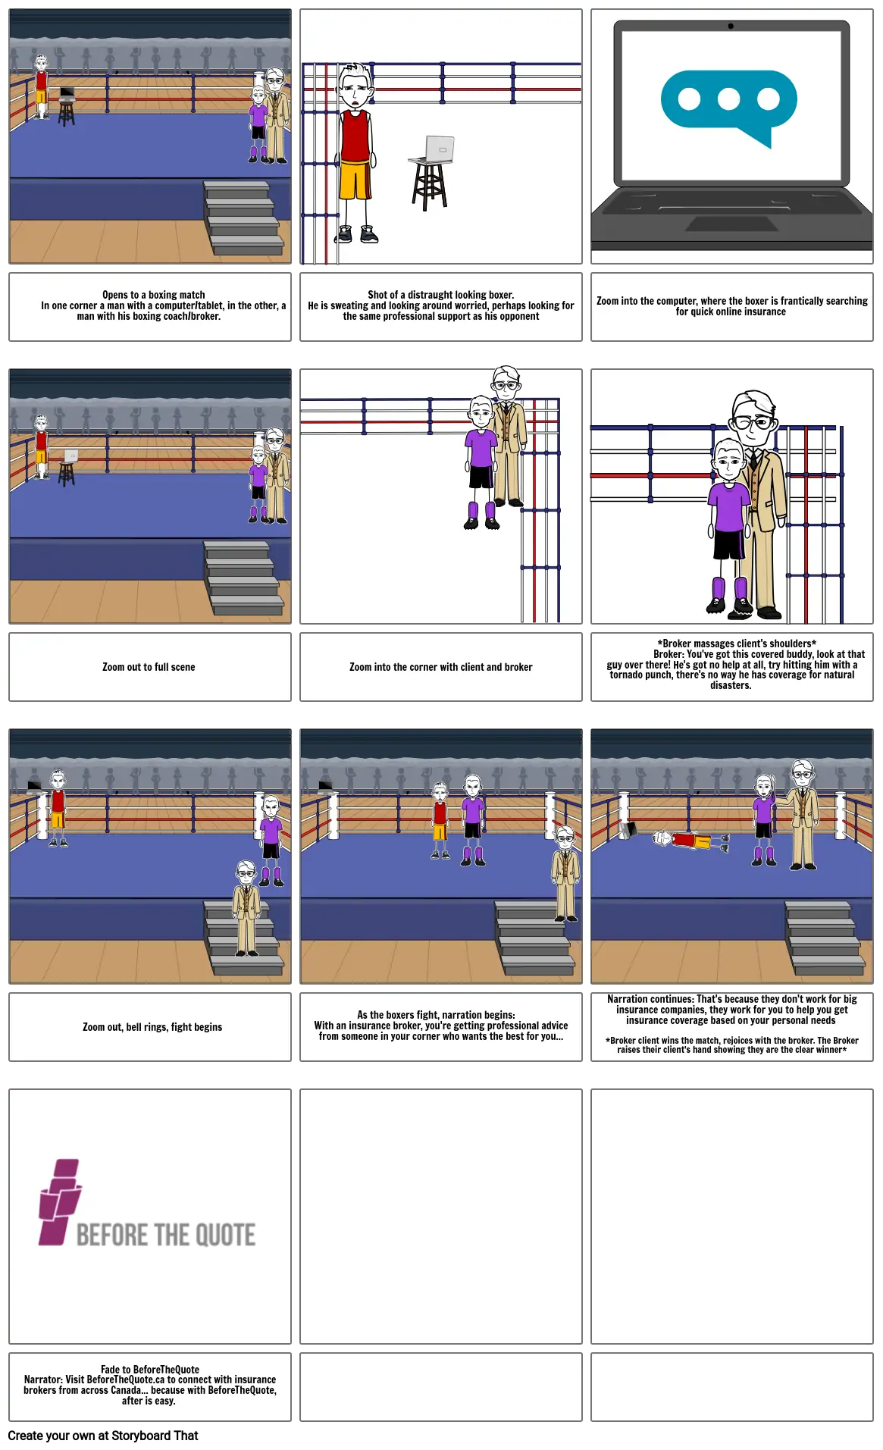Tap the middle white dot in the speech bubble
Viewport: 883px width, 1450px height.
coord(728,99)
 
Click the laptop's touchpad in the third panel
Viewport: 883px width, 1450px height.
coord(731,223)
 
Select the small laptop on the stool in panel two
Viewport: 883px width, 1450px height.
coord(437,149)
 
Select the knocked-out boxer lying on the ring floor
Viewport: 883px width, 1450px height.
coord(690,840)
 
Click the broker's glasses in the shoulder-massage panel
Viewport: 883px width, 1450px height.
coord(753,421)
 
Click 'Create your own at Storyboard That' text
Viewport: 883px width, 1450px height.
coord(103,1436)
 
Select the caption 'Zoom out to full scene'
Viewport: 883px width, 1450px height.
coord(149,667)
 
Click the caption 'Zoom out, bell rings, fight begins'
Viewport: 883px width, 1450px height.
coord(152,1027)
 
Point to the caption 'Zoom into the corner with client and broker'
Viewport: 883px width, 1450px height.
coord(440,667)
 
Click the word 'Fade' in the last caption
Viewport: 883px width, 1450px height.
coord(111,1370)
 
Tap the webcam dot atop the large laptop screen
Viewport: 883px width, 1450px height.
coord(731,26)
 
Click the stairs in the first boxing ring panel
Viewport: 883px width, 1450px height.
coord(245,218)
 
